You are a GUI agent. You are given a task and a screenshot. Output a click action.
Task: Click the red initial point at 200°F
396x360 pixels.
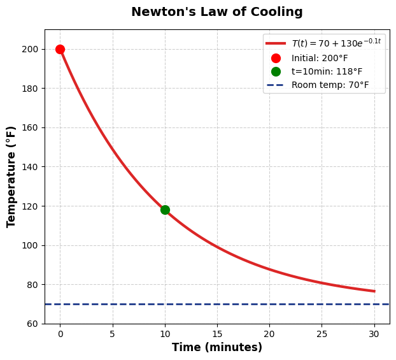coord(60,49)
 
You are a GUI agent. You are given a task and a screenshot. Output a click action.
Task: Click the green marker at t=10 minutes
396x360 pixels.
coord(165,210)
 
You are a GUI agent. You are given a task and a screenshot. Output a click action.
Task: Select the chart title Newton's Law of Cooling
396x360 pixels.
coord(216,12)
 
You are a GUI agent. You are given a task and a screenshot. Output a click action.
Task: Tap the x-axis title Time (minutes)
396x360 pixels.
coord(216,347)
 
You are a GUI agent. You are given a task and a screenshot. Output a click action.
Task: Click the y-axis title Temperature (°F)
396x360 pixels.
coord(11,176)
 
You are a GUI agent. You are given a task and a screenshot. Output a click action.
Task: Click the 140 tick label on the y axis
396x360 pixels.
coord(31,167)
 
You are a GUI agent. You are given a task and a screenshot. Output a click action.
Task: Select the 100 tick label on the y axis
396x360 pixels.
coord(31,245)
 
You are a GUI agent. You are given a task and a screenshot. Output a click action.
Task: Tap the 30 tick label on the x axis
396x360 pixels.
coord(374,334)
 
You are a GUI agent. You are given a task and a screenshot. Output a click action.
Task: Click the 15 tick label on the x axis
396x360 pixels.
coord(217,334)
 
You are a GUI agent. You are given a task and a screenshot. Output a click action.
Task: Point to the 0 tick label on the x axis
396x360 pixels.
coord(60,334)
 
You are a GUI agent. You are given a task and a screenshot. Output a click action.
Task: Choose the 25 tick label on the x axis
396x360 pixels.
coord(322,334)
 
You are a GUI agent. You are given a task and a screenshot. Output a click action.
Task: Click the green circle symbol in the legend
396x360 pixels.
coord(276,71)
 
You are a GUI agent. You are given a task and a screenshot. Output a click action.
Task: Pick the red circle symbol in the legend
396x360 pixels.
coord(276,58)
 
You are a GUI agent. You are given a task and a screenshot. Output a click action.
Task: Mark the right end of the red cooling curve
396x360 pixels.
coord(374,291)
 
